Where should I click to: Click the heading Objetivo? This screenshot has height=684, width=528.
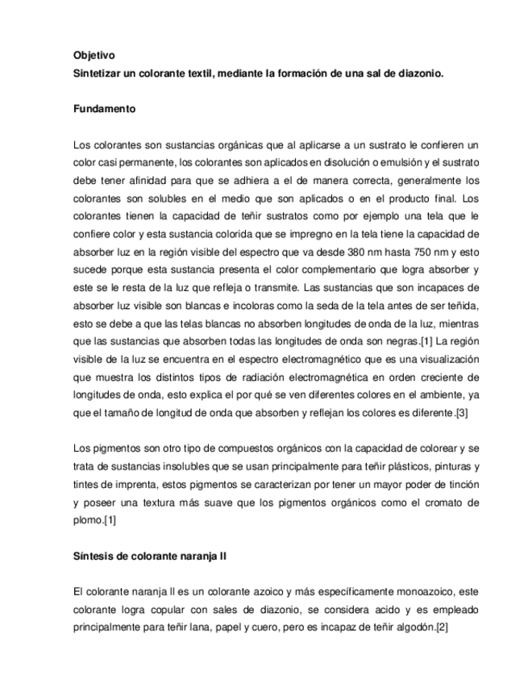pyautogui.click(x=94, y=56)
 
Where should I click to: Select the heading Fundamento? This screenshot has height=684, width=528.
pyautogui.click(x=103, y=108)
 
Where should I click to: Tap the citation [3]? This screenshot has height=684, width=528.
pyautogui.click(x=461, y=414)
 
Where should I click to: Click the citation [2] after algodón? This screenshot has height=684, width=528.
pyautogui.click(x=443, y=628)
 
